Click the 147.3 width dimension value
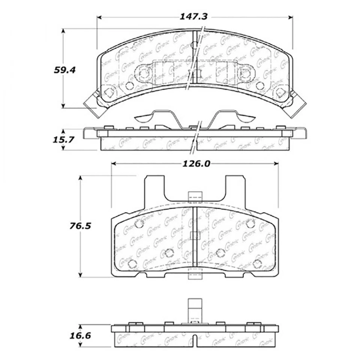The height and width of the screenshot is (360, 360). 195,16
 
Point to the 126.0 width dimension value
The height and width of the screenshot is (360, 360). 195,163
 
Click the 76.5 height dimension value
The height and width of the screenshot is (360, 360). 80,226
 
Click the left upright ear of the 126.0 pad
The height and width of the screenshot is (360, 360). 154,187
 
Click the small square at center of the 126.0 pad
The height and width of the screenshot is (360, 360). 195,235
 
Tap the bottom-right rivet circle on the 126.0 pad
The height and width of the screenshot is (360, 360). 257,263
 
